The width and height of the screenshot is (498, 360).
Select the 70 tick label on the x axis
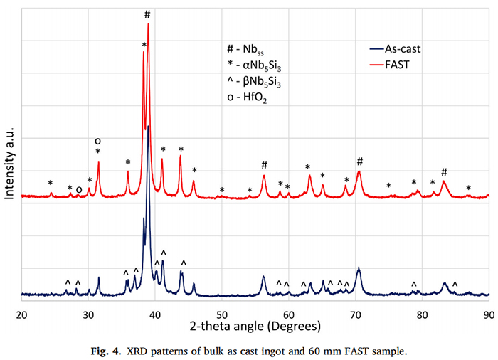point(356,314)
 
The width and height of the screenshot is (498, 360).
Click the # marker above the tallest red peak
point(147,14)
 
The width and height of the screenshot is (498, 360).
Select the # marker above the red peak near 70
point(359,162)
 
